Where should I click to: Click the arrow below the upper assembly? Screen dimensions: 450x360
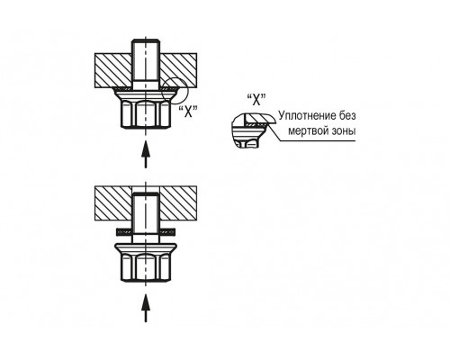point(146,155)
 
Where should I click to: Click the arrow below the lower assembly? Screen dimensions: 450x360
point(146,308)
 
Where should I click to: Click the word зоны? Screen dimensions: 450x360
point(345,131)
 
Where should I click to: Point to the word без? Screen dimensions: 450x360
point(346,115)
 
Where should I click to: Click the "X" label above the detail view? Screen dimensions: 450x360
point(256,99)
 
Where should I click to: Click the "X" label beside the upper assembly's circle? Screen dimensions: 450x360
point(188,112)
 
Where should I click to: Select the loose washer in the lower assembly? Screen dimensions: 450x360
point(146,231)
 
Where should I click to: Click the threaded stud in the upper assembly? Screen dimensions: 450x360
point(146,65)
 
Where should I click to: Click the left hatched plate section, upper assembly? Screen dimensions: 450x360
point(113,70)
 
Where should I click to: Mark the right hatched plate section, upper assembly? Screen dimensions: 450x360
point(178,70)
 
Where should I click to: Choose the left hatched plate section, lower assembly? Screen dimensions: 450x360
point(113,203)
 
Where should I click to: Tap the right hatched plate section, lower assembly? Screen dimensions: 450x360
point(178,203)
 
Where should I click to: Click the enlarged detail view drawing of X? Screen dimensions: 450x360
point(253,130)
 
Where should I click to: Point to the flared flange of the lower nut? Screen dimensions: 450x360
point(146,248)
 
